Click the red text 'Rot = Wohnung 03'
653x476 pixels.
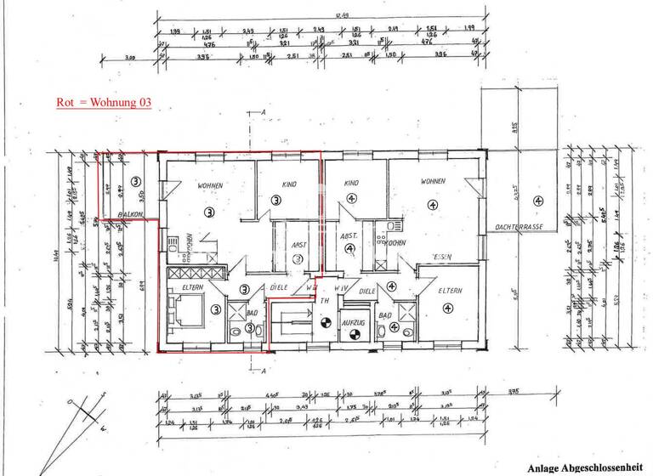coord(104,102)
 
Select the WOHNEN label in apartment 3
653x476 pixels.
coord(210,185)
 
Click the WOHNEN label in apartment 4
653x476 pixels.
coord(433,182)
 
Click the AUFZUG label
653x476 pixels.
coord(351,323)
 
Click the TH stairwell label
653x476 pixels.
coord(324,301)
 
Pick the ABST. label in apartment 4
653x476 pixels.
coord(347,236)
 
